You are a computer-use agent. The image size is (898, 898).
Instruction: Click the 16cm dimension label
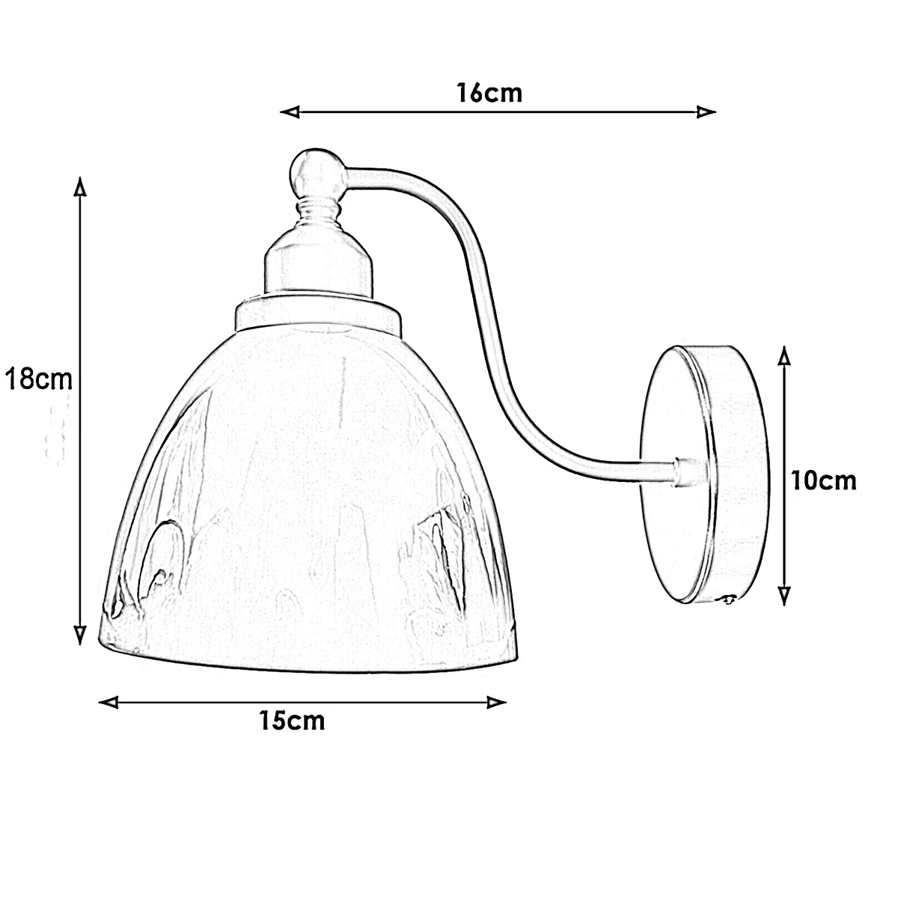[489, 94]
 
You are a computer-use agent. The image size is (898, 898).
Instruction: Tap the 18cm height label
[37, 379]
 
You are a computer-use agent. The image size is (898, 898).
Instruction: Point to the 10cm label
[824, 480]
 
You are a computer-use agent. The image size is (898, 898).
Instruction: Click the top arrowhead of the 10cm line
[784, 355]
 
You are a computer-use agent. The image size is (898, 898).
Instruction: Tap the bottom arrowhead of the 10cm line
[784, 595]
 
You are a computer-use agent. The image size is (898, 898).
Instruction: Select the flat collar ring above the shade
[319, 314]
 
